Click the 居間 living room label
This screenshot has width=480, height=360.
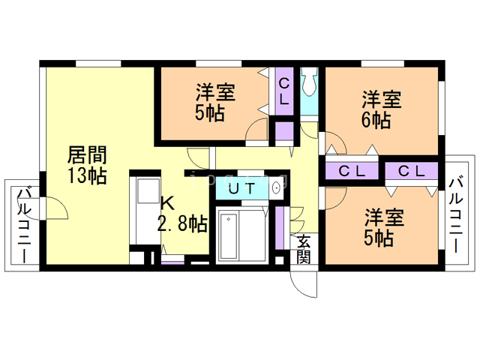click(x=87, y=155)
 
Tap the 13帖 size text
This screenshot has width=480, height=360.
click(x=87, y=176)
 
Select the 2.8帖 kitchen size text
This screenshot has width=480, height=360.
click(x=182, y=223)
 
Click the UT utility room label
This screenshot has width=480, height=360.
click(x=241, y=188)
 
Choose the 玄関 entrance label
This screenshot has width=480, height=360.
click(x=303, y=250)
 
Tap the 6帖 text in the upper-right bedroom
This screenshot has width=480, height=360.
click(x=375, y=119)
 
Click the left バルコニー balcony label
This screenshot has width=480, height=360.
click(x=24, y=223)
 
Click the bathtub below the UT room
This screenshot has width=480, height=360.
click(x=241, y=234)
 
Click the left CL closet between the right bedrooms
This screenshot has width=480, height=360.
click(x=352, y=171)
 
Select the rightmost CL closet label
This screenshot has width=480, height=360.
click(x=412, y=171)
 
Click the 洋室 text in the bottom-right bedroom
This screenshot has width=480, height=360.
click(x=385, y=219)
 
